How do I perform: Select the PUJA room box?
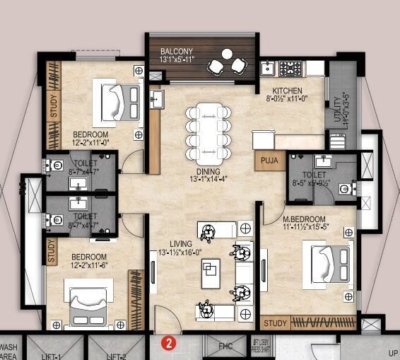coord(269,161)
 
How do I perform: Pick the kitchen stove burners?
coord(290,69)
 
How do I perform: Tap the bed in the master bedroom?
coord(328,265)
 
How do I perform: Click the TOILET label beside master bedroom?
coord(314,175)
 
